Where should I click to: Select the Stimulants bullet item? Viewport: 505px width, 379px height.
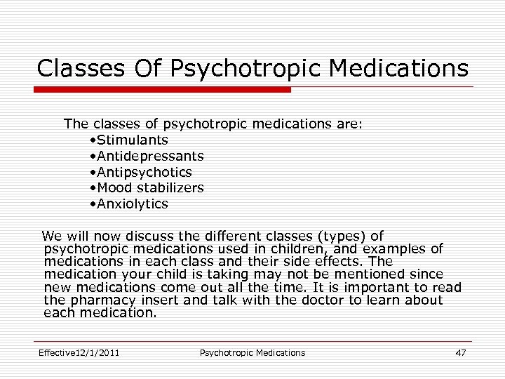133,140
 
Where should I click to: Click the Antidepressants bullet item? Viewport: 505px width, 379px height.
151,156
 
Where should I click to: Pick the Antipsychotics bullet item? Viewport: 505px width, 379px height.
144,172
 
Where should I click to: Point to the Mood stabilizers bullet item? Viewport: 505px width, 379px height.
151,188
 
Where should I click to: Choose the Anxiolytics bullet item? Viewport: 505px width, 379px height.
133,204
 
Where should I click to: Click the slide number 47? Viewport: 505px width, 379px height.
460,352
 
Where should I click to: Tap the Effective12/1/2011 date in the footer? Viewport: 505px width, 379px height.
79,352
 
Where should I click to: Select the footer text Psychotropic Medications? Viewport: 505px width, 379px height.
252,352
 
